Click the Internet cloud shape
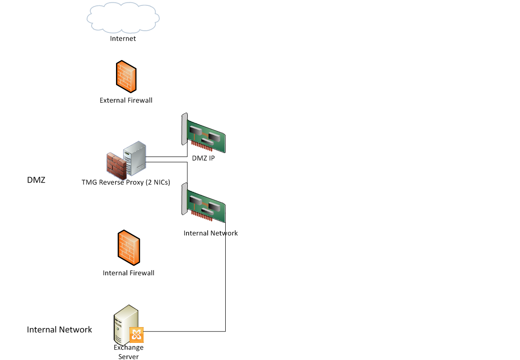tap(123, 17)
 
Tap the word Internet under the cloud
tap(123, 39)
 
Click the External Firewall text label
tap(126, 100)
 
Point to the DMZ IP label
tap(203, 158)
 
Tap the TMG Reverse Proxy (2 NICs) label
tap(125, 182)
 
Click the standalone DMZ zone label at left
tap(36, 180)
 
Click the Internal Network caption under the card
tap(210, 233)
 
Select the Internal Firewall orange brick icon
tap(129, 248)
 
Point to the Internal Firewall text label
tap(129, 273)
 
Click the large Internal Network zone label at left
tap(59, 330)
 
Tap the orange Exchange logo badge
tap(136, 335)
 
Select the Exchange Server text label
tap(129, 352)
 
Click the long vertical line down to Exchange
tap(225, 280)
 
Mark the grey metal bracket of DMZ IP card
tap(184, 129)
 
